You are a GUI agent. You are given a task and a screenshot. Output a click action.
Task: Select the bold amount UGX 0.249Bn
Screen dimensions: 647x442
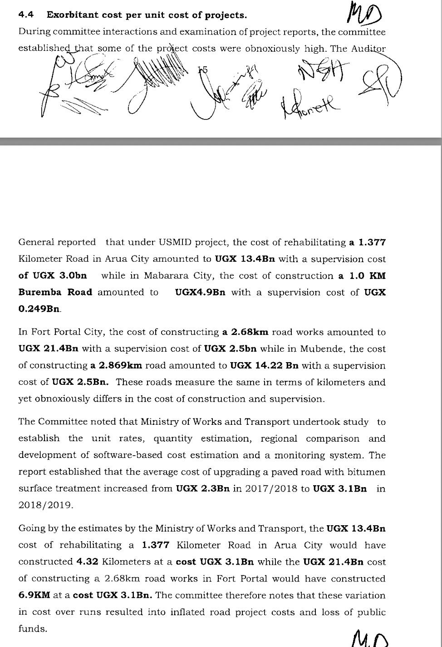tap(39, 309)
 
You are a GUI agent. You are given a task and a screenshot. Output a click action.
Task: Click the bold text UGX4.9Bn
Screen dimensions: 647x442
tap(200, 292)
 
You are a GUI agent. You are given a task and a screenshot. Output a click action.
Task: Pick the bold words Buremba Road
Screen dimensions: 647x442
tap(55, 292)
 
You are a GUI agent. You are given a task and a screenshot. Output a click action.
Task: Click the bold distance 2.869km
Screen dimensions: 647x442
tap(112, 365)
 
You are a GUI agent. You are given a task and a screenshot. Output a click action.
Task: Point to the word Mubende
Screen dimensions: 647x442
tap(324, 349)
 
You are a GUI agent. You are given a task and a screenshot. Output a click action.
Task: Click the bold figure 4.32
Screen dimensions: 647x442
tap(87, 562)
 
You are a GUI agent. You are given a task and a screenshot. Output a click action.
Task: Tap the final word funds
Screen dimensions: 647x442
tap(33, 629)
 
